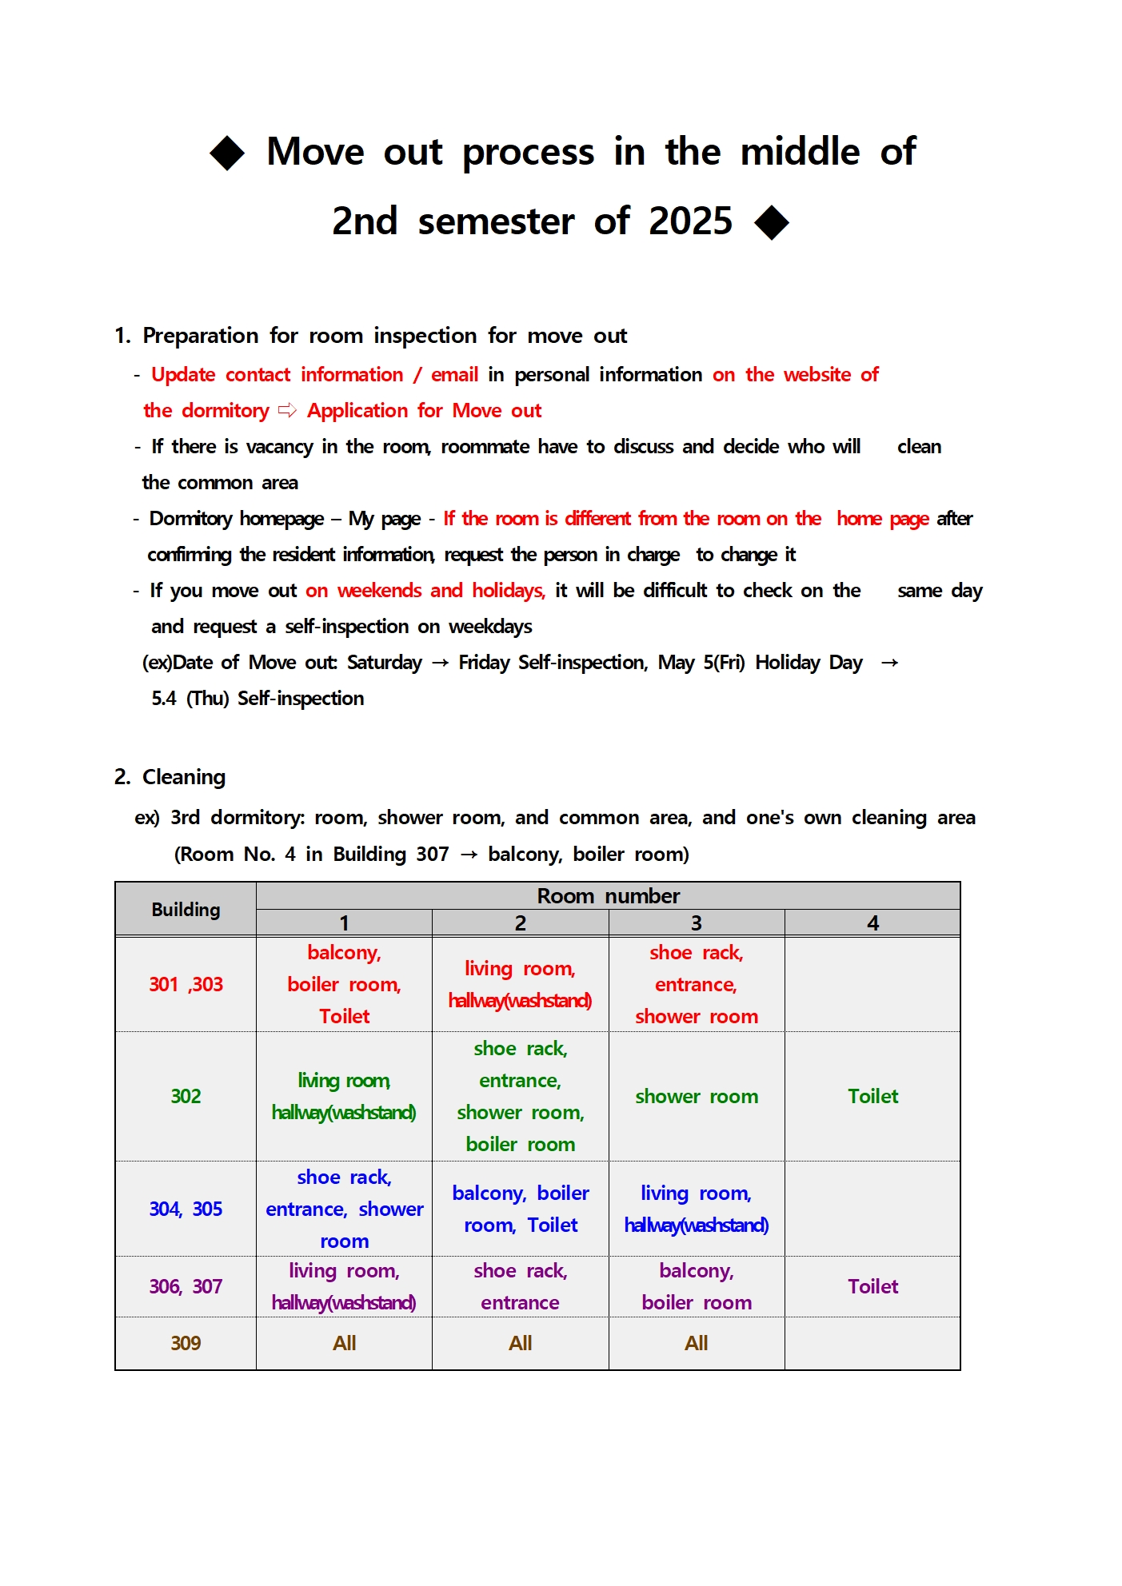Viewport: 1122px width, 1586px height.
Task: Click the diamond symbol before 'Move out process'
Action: [x=227, y=153]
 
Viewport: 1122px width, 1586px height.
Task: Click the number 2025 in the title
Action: [x=690, y=221]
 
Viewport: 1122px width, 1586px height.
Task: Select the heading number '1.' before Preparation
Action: [x=122, y=336]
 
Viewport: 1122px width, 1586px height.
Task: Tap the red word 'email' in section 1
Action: [x=454, y=375]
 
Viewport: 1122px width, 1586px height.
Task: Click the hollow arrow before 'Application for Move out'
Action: [x=287, y=411]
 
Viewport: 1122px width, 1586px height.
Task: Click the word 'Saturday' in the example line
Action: [x=384, y=663]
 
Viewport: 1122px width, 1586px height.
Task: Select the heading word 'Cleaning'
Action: [x=184, y=777]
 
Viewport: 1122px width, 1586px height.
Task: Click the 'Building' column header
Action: [x=186, y=910]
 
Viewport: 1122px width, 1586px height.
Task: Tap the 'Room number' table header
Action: [x=608, y=896]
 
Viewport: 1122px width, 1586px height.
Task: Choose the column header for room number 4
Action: [x=872, y=923]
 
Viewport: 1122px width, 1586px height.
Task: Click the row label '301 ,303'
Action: [x=186, y=985]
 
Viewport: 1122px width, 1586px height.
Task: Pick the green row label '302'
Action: [x=186, y=1097]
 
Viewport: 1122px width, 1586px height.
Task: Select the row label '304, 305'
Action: [x=186, y=1209]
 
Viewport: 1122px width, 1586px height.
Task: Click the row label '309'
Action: [x=186, y=1344]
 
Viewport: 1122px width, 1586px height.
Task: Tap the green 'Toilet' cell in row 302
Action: [x=872, y=1097]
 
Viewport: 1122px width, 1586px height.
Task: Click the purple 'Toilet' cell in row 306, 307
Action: [x=872, y=1287]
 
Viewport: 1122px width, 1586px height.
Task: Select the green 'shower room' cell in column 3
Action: [x=697, y=1097]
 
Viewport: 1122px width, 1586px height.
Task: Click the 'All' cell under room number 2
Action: [x=520, y=1344]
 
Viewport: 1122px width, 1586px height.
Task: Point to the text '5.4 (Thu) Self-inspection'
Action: [x=258, y=699]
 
